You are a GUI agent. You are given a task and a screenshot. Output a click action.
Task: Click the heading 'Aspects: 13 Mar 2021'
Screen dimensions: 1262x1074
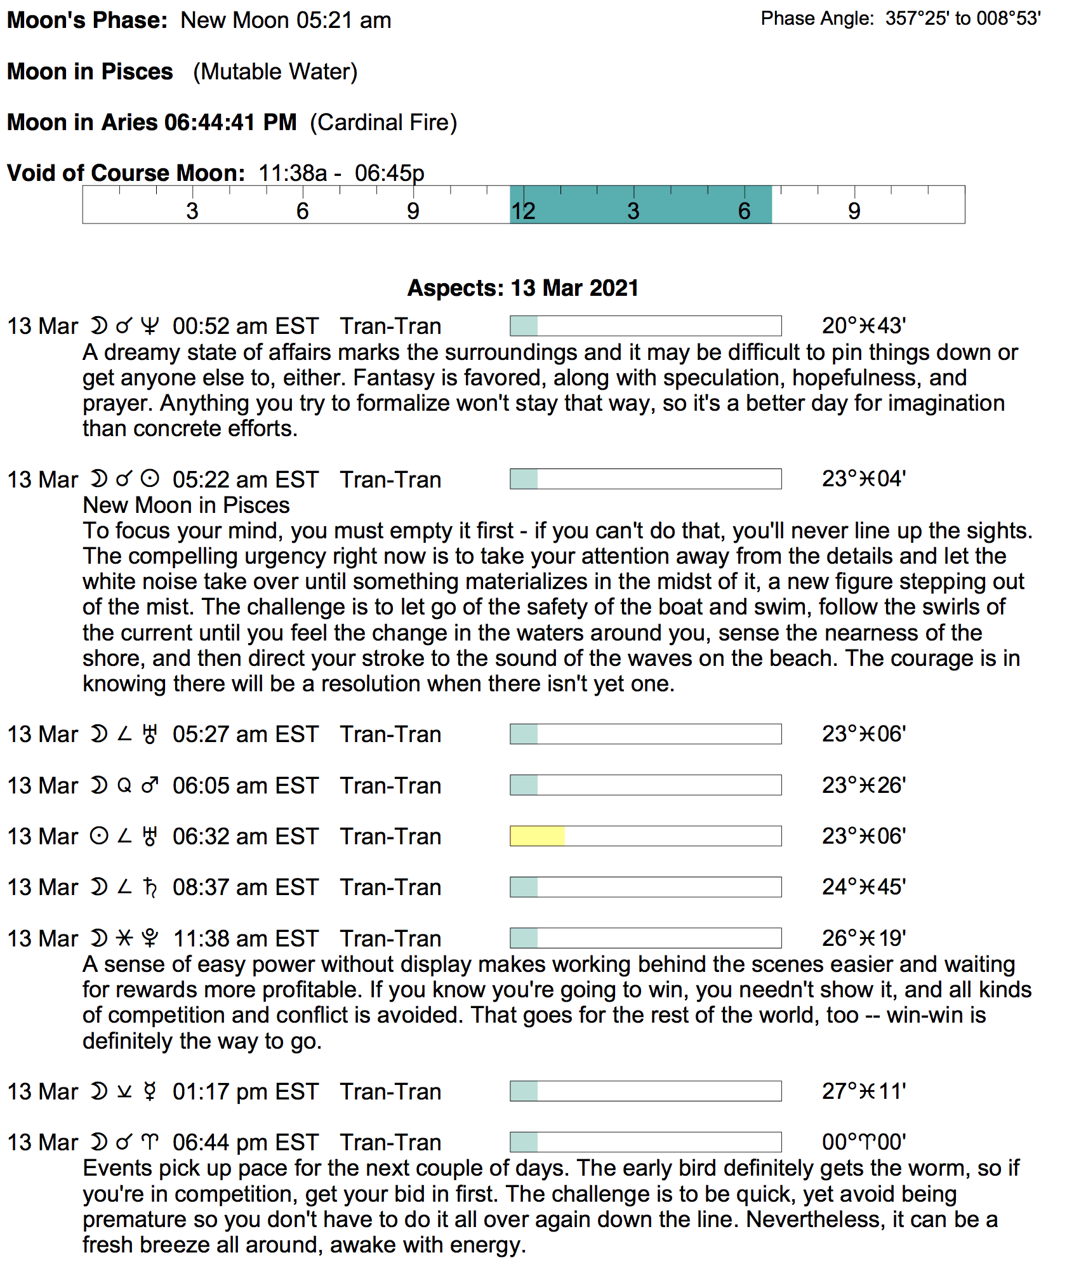[x=522, y=288]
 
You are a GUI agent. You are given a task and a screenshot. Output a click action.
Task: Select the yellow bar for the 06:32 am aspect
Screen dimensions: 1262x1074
[x=537, y=836]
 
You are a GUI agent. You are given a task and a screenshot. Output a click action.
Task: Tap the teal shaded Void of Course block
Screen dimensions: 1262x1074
[x=640, y=204]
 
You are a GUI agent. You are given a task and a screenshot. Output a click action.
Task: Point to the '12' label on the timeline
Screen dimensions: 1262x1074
[x=524, y=211]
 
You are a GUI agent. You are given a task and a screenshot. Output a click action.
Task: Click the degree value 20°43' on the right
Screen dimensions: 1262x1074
[x=863, y=326]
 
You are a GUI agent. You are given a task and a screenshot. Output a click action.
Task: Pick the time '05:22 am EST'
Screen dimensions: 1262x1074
[x=245, y=480]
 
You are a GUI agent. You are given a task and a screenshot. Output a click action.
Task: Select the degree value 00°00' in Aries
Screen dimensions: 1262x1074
[x=863, y=1142]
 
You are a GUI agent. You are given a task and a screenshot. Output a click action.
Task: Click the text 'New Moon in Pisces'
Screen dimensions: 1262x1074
[x=186, y=505]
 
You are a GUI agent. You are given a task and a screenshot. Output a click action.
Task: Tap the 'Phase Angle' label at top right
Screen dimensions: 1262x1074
[x=818, y=18]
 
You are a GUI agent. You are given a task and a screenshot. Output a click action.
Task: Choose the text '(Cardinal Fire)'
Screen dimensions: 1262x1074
[x=383, y=123]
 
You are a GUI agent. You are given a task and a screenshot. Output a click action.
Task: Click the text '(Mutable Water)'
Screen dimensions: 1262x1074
[x=275, y=72]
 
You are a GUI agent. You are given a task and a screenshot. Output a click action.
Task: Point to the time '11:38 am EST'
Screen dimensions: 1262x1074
[x=245, y=939]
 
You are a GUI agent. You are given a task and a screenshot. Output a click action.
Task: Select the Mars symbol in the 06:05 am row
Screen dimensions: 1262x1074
[x=150, y=786]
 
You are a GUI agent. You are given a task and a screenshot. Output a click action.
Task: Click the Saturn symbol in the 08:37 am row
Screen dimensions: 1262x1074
[x=150, y=887]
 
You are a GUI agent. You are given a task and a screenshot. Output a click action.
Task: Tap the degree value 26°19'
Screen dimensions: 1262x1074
[x=863, y=938]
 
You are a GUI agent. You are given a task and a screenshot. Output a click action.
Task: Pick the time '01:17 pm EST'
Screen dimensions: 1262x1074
[x=245, y=1092]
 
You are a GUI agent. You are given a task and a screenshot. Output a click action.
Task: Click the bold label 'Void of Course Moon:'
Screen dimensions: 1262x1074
[x=126, y=173]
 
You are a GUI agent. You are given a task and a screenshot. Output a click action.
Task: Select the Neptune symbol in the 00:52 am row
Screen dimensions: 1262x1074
[x=150, y=326]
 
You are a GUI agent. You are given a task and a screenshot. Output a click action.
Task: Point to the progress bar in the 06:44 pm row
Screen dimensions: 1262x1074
[x=646, y=1142]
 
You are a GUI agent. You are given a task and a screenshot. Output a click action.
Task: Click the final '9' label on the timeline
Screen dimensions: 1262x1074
[x=854, y=211]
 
